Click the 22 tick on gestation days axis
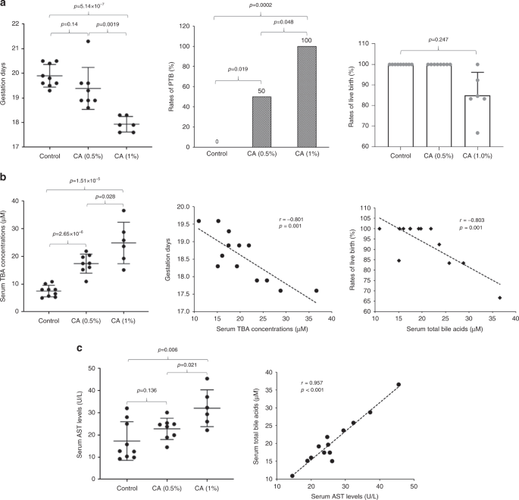tap(26, 25)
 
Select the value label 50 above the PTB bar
tap(261, 91)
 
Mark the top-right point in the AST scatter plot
tap(399, 385)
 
